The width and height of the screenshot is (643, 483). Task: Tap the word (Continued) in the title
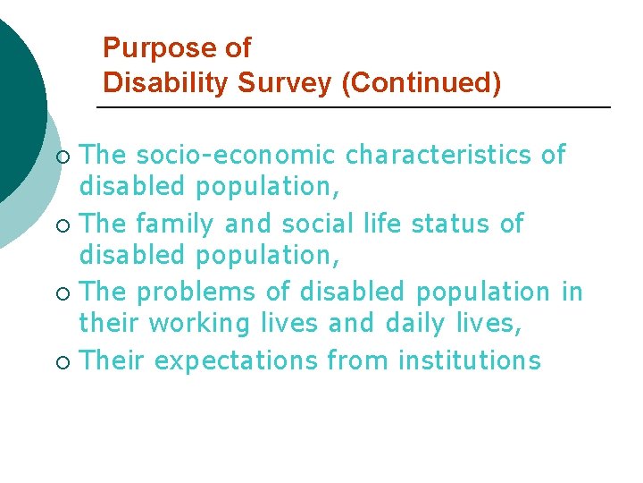click(422, 82)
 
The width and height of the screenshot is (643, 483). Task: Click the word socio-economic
click(236, 155)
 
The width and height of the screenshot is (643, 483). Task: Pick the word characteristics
click(439, 155)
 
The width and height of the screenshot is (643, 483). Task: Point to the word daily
click(413, 324)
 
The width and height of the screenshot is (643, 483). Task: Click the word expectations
click(236, 360)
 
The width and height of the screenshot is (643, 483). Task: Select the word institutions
click(470, 360)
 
